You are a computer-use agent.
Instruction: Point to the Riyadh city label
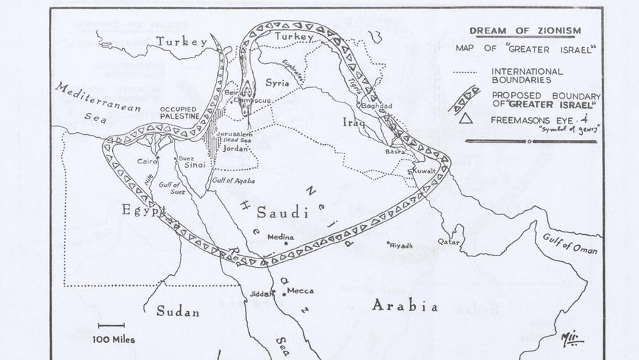(400, 245)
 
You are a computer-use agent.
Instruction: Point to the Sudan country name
(177, 312)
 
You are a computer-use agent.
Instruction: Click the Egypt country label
(143, 211)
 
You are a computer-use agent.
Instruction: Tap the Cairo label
(148, 162)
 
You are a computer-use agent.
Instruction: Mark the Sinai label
(195, 164)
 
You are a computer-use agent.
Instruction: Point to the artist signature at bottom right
(571, 337)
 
